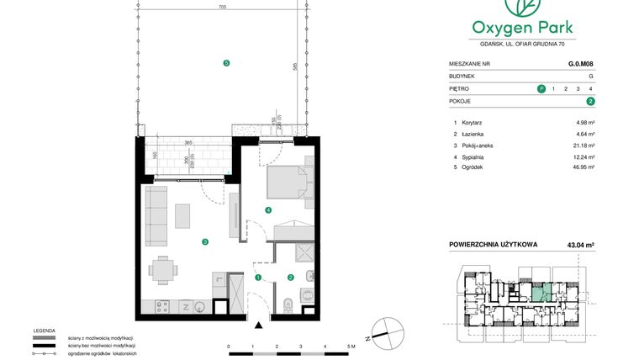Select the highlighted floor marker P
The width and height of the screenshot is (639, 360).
point(541,88)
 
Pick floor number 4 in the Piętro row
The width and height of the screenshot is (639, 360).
point(591,88)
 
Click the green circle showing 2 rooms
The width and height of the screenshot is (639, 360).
point(591,101)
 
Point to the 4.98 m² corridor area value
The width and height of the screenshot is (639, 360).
point(585,122)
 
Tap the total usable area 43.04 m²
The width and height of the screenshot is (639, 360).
point(579,245)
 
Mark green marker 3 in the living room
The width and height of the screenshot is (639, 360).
point(204,242)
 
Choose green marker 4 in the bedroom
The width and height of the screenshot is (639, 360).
point(268,209)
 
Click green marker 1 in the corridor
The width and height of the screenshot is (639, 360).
point(259,277)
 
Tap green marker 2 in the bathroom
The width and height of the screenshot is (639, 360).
point(291,277)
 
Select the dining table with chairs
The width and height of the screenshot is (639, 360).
point(163,271)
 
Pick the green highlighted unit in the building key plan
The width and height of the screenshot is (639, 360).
point(541,294)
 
